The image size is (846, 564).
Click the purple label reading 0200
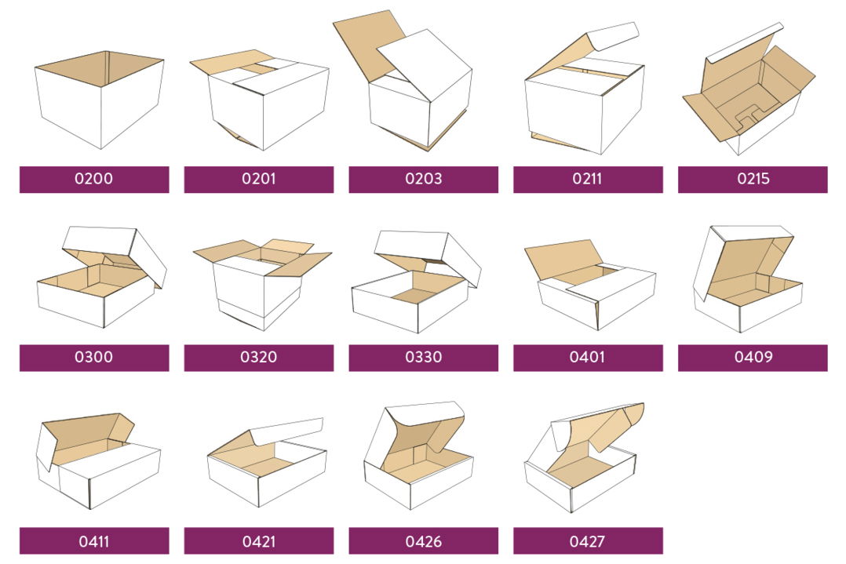click(94, 179)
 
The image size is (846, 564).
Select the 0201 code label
click(258, 179)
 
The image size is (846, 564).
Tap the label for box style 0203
click(423, 179)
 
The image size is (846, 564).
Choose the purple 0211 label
click(588, 179)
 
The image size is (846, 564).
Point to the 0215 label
click(753, 179)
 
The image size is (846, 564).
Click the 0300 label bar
click(94, 358)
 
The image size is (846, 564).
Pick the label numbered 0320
click(258, 358)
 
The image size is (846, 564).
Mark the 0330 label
click(423, 358)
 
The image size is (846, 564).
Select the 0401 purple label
click(588, 358)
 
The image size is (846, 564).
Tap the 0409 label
click(753, 358)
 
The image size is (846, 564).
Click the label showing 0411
click(94, 540)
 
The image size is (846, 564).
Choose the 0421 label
click(258, 540)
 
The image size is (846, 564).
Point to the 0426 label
click(423, 540)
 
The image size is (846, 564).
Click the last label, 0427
click(588, 540)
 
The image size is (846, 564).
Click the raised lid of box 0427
click(600, 428)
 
